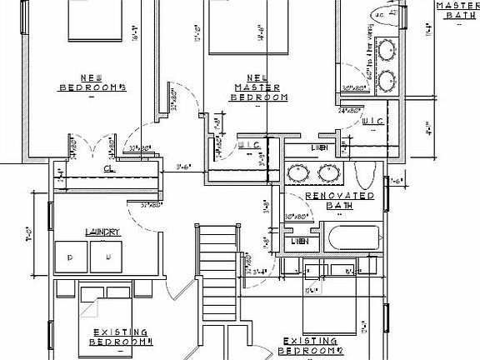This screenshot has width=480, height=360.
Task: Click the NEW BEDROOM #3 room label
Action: pos(92,82)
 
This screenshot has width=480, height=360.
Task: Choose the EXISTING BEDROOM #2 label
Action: pos(310,345)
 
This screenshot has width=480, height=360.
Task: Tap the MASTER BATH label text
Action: pos(457,10)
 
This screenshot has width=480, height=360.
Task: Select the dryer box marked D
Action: pos(70,257)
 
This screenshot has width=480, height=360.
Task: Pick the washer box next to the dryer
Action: pos(107,257)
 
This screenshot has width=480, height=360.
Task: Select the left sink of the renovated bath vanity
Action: pos(298,174)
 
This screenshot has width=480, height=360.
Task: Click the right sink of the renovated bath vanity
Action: pos(326,174)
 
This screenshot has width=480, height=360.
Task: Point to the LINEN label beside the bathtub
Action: pos(301,242)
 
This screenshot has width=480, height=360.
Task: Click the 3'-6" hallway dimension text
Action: pos(184,167)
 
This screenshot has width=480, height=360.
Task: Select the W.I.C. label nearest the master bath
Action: pos(372,122)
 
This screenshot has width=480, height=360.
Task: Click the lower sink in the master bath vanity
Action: pos(386,80)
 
